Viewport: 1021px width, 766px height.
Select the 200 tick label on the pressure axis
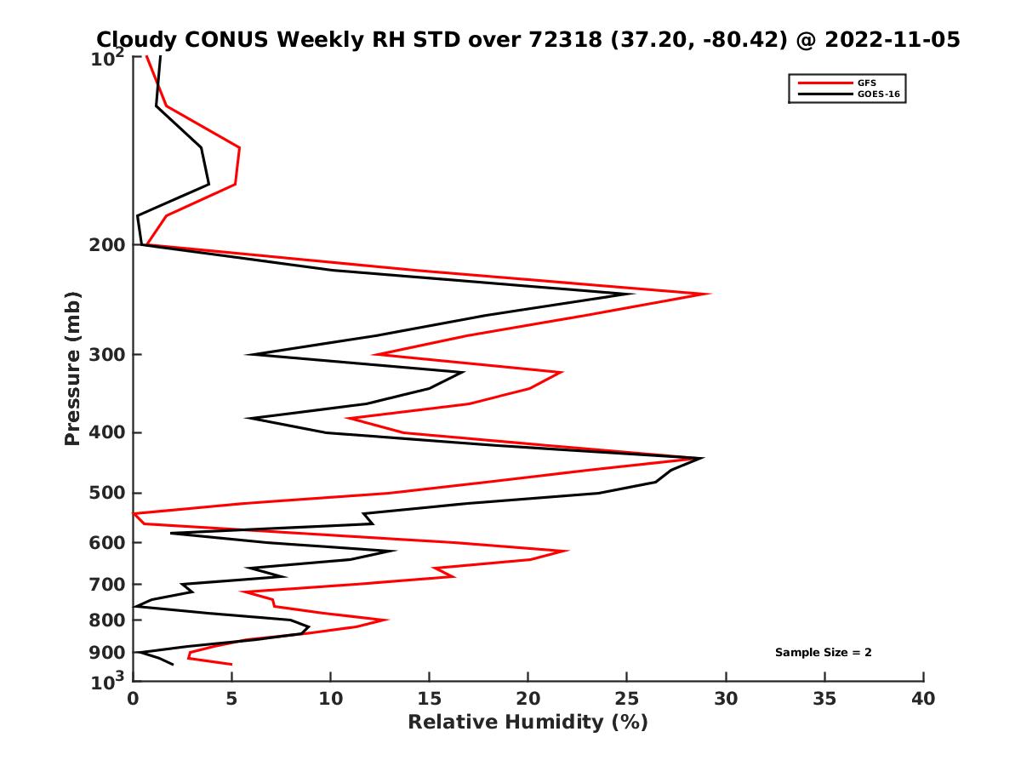tap(107, 245)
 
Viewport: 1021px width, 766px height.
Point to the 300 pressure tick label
tap(107, 354)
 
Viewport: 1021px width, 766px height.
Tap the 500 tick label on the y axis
tap(107, 493)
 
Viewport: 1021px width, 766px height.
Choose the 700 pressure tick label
tap(107, 584)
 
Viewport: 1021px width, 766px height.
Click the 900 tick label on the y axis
tap(107, 653)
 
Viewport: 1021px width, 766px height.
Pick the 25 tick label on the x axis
tap(627, 700)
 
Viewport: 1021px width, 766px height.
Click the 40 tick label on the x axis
tap(923, 700)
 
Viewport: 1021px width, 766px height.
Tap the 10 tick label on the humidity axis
tap(331, 700)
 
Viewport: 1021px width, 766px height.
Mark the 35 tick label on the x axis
tap(824, 700)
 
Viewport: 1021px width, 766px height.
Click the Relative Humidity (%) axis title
tap(528, 723)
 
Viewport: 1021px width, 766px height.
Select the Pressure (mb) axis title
tap(72, 369)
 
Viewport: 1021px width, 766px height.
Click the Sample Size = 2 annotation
tap(823, 653)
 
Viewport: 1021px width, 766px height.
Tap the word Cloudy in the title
tap(132, 39)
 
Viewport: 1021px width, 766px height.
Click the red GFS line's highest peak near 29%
tap(708, 294)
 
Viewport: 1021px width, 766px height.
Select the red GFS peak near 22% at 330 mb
tap(561, 373)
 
